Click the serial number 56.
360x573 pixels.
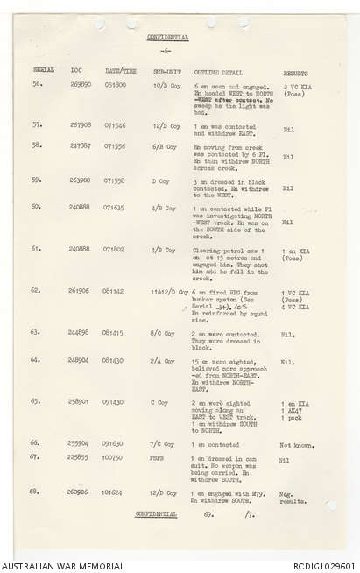(38, 84)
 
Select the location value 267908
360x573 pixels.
(80, 124)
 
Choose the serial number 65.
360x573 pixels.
(37, 401)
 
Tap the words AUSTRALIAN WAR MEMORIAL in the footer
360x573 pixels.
(56, 566)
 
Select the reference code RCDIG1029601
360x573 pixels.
(322, 566)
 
